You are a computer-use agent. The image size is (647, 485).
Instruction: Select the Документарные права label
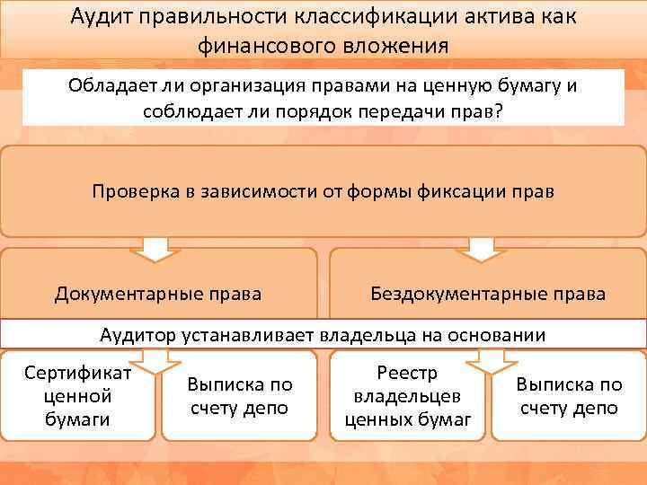(x=158, y=293)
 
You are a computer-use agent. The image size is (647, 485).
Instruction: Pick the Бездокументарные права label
(x=488, y=293)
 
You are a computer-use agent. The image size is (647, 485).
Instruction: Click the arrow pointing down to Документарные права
(x=158, y=248)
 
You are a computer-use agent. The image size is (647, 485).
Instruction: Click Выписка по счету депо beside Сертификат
(x=239, y=396)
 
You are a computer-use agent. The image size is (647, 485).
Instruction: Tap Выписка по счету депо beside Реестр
(x=568, y=396)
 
